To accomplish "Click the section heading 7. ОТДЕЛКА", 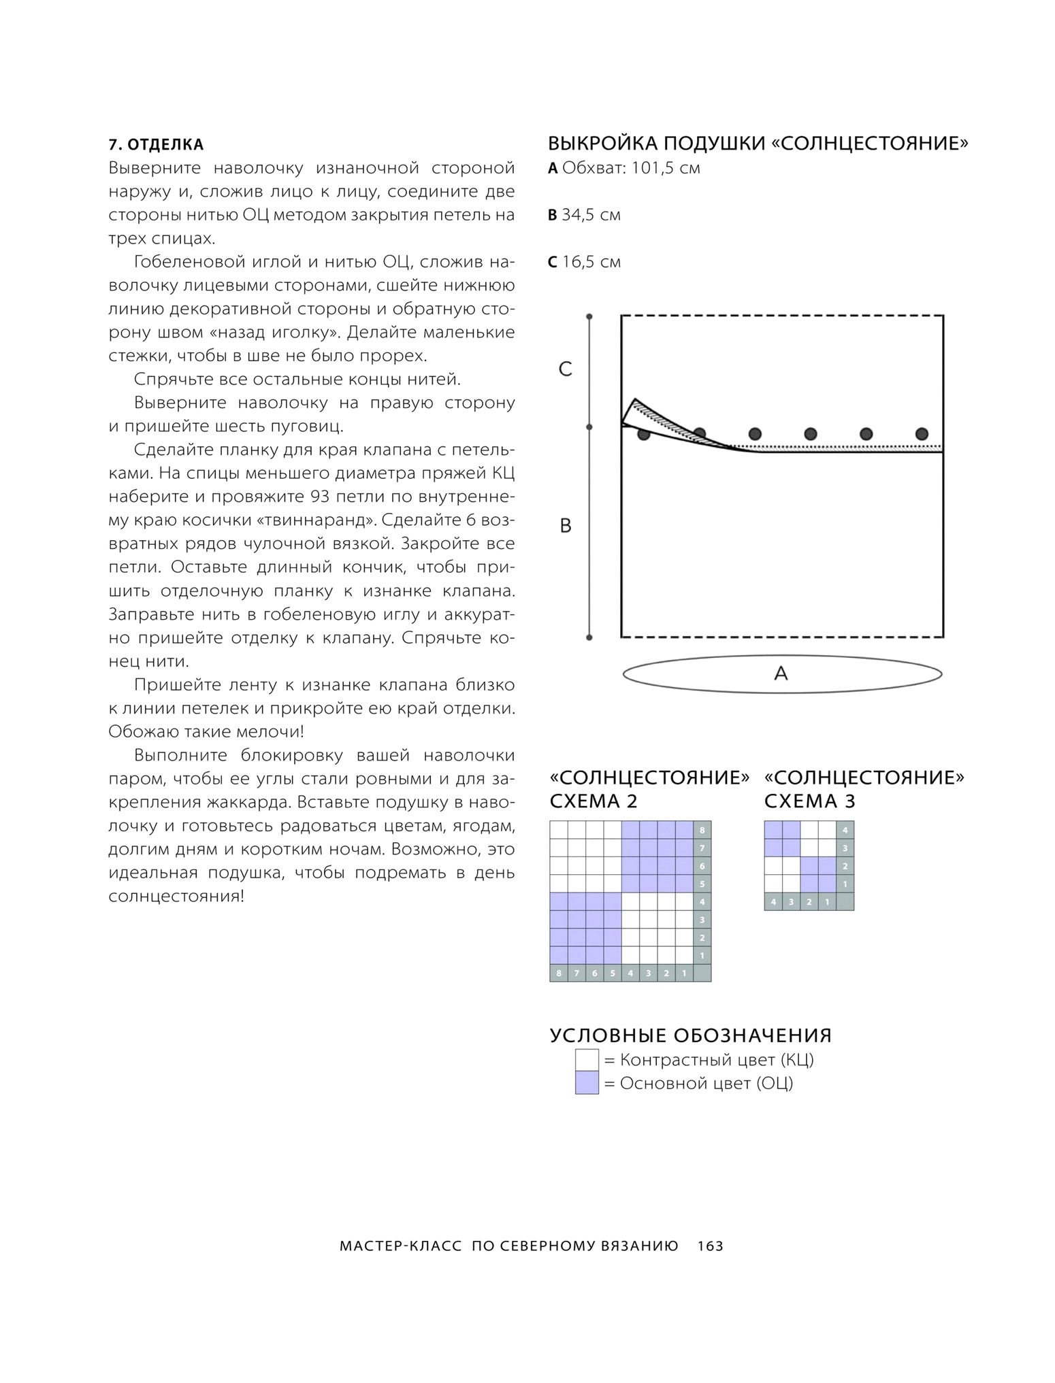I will [x=156, y=144].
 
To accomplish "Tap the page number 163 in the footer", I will [x=710, y=1246].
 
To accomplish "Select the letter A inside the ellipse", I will [x=781, y=673].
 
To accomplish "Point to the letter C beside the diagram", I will [x=565, y=369].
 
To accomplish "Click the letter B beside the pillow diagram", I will [x=565, y=526].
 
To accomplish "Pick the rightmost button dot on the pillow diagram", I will [x=922, y=433].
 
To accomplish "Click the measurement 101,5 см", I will [x=665, y=168].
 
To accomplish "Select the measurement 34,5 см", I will [x=591, y=215].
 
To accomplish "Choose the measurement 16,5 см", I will [x=591, y=262].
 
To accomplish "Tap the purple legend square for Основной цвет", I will [x=587, y=1083].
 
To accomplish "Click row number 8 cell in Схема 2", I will [x=702, y=831].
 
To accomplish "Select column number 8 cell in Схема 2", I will [x=559, y=973].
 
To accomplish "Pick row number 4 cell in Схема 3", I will [x=845, y=831].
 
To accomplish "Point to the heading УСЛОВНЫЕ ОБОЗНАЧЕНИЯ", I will [x=690, y=1035].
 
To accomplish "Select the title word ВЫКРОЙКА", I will [x=602, y=144].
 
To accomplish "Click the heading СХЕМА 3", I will [x=809, y=801].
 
